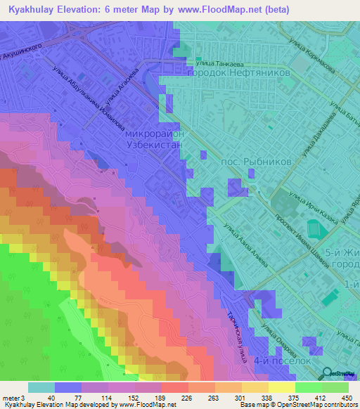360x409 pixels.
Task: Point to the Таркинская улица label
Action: point(235,333)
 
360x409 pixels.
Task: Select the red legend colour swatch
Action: point(174,387)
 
